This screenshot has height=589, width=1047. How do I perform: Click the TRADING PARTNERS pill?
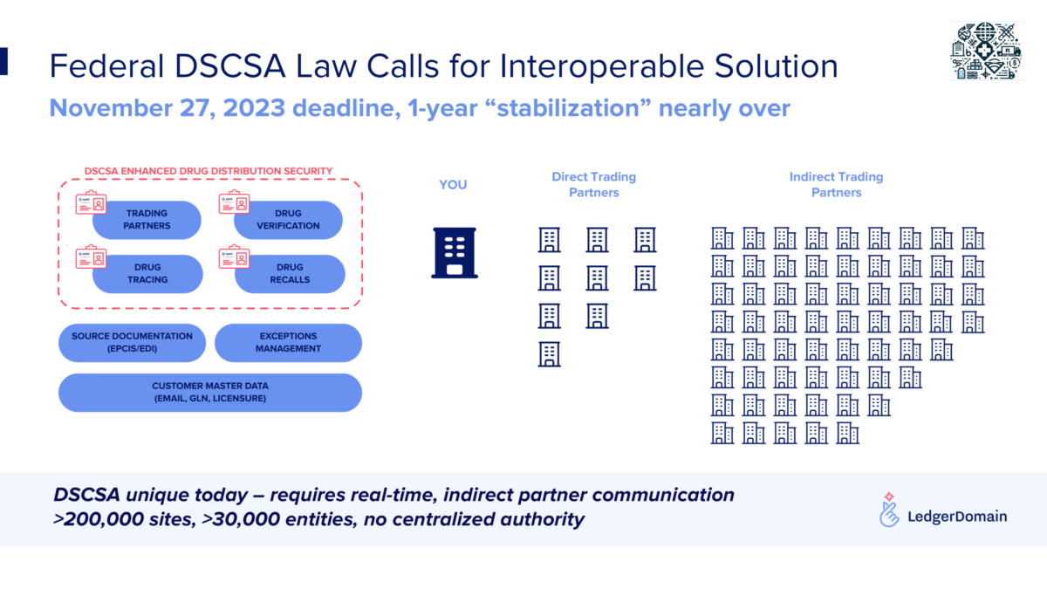click(x=147, y=220)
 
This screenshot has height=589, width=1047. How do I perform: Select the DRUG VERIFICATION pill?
click(x=289, y=220)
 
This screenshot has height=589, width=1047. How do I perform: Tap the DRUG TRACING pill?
click(x=147, y=274)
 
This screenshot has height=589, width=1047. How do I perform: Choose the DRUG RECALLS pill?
click(x=290, y=274)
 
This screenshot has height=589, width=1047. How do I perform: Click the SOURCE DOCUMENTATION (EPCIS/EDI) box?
click(x=132, y=343)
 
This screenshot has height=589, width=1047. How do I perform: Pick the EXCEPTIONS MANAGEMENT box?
click(x=288, y=343)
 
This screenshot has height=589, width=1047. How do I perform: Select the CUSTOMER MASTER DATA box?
click(x=210, y=393)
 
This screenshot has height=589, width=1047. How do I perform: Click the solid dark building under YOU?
click(x=455, y=253)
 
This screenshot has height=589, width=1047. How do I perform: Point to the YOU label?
click(x=453, y=185)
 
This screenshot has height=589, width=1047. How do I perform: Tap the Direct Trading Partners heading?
click(x=593, y=185)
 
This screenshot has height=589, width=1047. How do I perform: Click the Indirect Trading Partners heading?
click(x=836, y=185)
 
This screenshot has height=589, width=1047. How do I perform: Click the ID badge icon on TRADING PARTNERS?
click(x=91, y=202)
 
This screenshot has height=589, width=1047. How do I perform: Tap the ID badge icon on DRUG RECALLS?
click(x=234, y=257)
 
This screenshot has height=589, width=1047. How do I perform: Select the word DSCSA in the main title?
click(x=229, y=66)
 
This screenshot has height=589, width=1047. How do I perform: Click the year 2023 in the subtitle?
click(x=254, y=108)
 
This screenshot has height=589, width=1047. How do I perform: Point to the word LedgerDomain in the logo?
click(x=957, y=517)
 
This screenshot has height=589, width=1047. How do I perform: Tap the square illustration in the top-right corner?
click(x=987, y=51)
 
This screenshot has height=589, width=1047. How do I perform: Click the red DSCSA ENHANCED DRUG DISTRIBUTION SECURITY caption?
click(x=209, y=171)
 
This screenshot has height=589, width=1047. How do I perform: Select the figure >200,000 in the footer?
click(x=99, y=519)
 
